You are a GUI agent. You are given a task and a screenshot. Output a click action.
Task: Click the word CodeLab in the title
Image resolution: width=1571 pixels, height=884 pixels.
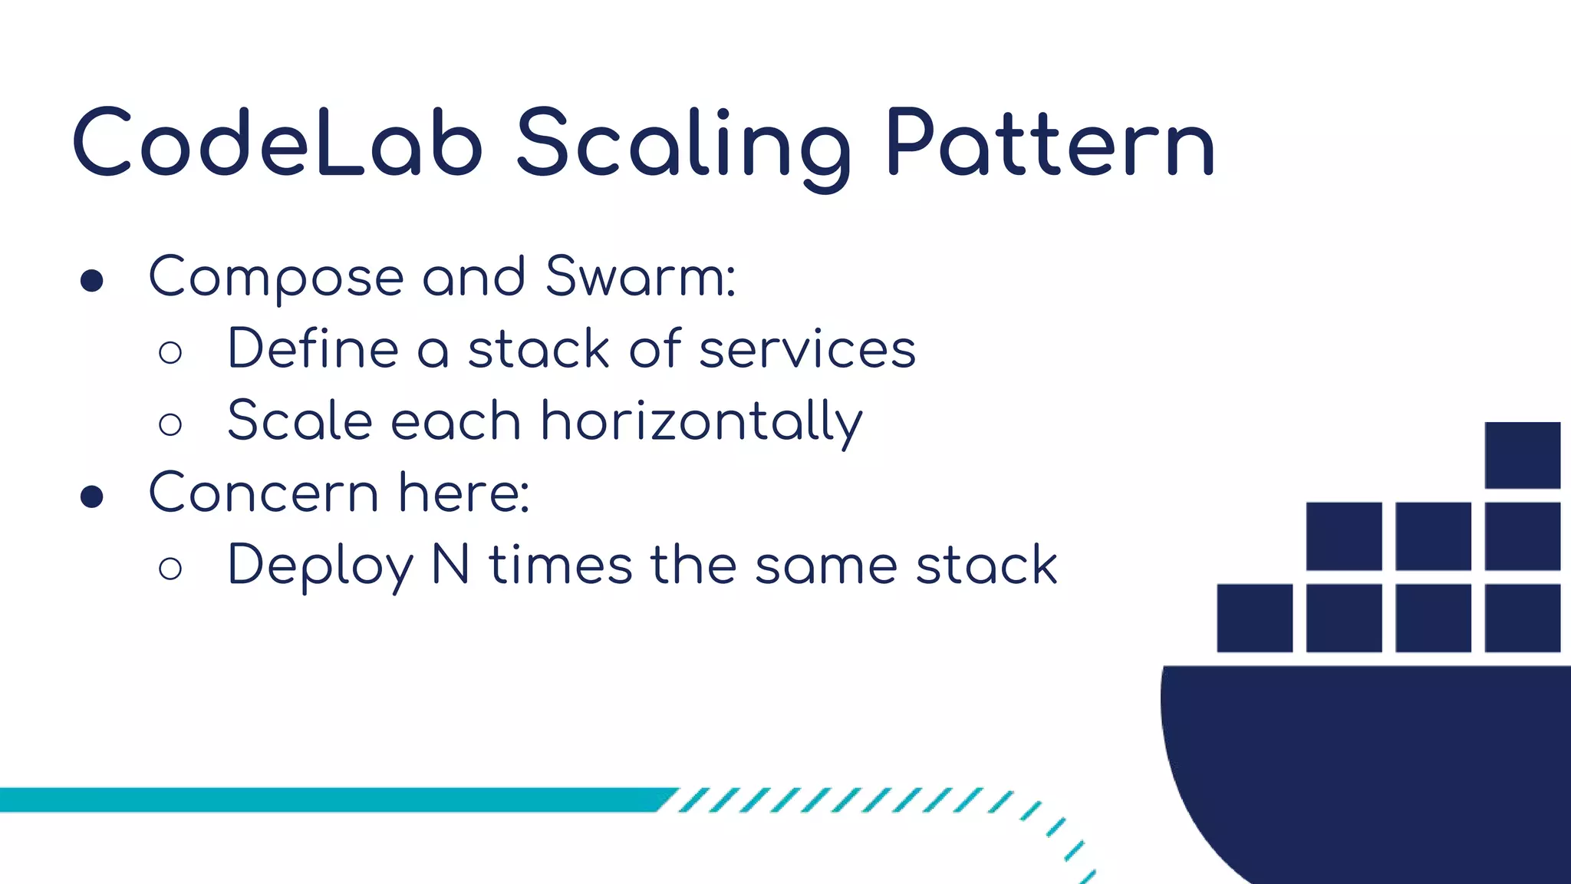(278, 143)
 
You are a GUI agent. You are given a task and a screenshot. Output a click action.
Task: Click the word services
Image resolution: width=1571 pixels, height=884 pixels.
(807, 349)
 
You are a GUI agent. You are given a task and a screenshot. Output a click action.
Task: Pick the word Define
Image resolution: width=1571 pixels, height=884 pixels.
(313, 349)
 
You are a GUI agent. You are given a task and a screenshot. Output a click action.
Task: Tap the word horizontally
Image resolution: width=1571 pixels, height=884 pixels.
(701, 422)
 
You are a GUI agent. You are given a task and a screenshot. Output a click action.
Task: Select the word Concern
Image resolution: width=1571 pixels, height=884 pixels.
(263, 493)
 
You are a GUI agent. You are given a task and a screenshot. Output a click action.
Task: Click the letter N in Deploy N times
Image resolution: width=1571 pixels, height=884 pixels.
(451, 565)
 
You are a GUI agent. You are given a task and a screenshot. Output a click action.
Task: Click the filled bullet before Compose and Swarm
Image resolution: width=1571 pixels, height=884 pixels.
(92, 281)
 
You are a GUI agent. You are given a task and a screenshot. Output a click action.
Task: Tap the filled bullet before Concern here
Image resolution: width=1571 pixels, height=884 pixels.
(92, 496)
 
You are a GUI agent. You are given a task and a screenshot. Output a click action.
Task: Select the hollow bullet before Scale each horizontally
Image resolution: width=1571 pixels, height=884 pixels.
(170, 424)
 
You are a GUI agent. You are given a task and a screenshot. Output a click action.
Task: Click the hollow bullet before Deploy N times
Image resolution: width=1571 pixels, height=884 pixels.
(170, 569)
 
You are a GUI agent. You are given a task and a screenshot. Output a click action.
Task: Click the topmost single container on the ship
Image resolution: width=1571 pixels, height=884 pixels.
(1522, 455)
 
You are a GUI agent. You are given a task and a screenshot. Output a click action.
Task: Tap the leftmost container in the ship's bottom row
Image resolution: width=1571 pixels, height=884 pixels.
(1254, 618)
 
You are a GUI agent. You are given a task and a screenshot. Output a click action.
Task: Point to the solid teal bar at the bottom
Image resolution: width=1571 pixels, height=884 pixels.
(330, 800)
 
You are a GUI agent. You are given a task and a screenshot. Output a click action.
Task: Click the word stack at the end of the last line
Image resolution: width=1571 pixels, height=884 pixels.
(986, 565)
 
